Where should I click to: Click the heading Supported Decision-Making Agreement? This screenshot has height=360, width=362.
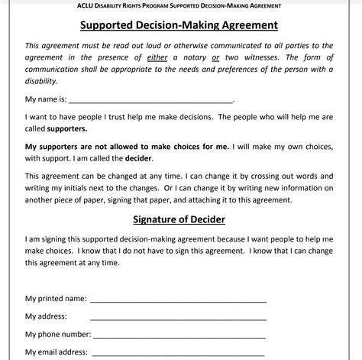[x=179, y=25]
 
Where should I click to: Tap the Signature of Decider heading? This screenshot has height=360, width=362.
[x=179, y=221]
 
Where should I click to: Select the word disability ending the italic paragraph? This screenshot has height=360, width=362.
[x=42, y=80]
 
